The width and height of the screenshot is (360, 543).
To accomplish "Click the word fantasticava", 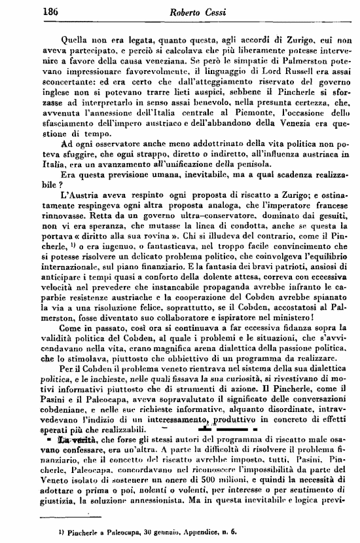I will point(154,250).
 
